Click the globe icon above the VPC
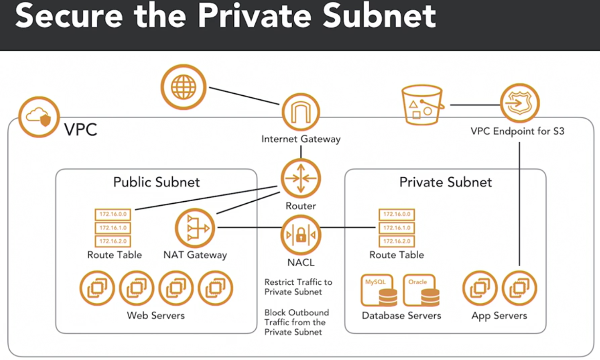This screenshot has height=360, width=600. [x=183, y=87]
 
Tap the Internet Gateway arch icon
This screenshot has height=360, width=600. [x=301, y=112]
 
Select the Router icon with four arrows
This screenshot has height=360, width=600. [x=301, y=178]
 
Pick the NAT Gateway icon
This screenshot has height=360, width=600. [x=195, y=228]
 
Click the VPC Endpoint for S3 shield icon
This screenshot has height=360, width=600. [x=520, y=103]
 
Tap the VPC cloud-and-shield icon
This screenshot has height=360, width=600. [x=39, y=117]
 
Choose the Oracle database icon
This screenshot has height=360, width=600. [x=421, y=290]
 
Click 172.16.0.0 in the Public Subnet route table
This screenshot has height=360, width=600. [x=113, y=214]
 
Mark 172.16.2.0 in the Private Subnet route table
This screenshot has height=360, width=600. [x=397, y=241]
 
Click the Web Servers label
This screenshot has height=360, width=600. [x=156, y=315]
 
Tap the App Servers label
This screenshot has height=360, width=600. [x=499, y=316]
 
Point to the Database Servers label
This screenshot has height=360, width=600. [x=401, y=316]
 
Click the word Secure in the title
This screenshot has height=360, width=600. [x=69, y=16]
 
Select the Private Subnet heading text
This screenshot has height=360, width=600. [x=445, y=182]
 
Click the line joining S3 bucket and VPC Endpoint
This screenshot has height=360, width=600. [x=475, y=105]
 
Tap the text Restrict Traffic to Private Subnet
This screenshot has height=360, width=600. [x=298, y=287]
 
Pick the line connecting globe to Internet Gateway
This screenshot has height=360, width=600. [x=244, y=96]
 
